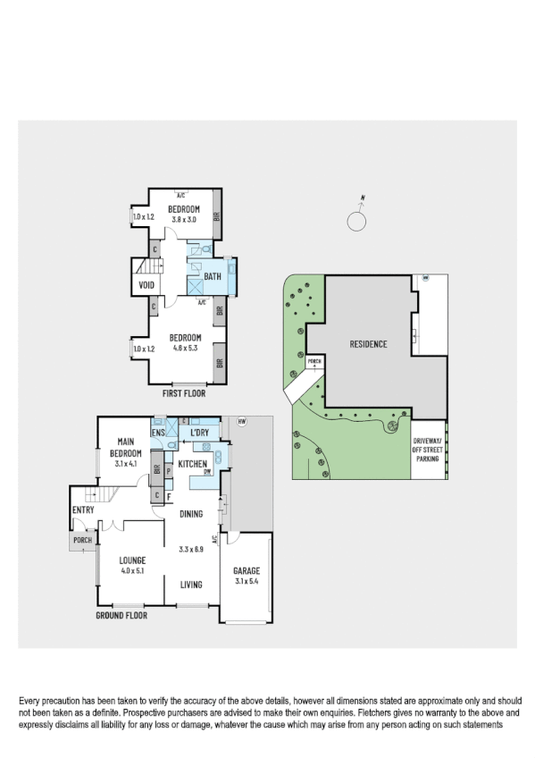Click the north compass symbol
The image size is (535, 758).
pos(357,217)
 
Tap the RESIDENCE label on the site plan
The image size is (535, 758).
pos(367,343)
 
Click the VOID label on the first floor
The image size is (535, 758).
pos(146,286)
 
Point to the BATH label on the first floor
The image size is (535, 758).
pos(213,277)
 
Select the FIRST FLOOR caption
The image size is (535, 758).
pos(184,392)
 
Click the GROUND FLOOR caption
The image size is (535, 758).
pos(121,615)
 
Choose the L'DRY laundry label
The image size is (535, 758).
pos(199,434)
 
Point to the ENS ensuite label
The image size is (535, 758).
pos(158,434)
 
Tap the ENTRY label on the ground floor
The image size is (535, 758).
pos(84,510)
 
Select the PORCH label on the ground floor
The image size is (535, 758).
pos(82,541)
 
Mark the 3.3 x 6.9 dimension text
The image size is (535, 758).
pos(191,549)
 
